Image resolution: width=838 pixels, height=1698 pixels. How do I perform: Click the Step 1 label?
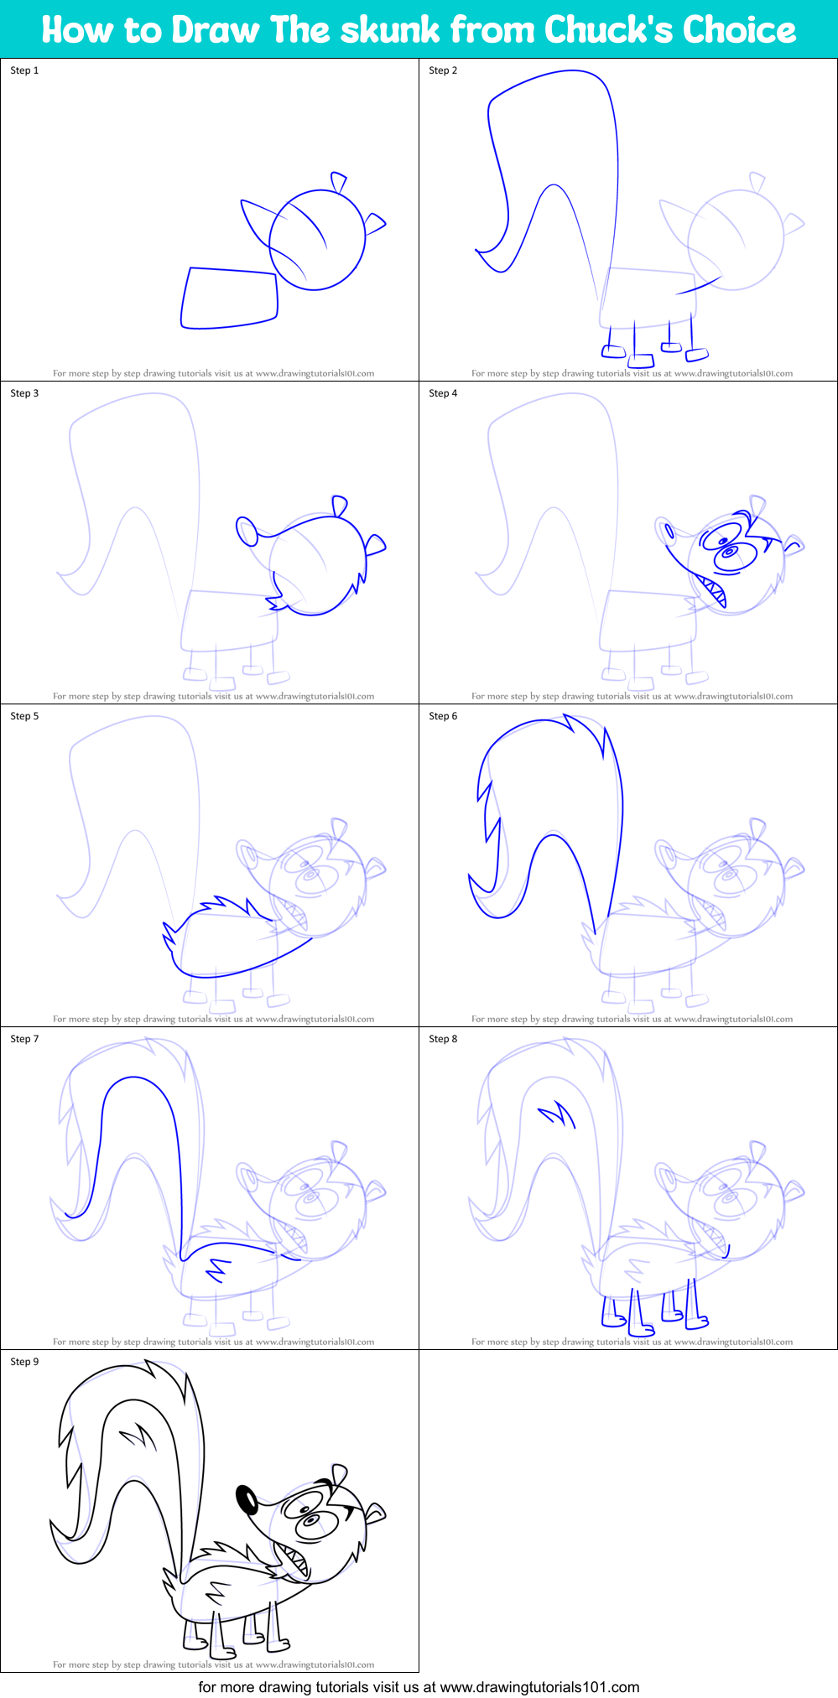point(24,70)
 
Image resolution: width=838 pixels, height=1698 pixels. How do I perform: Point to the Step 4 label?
point(443,393)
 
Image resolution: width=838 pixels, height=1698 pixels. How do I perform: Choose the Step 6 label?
point(443,716)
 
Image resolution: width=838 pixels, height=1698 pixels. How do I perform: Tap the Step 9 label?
point(24,1362)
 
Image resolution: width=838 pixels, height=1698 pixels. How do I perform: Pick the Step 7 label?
point(24,1039)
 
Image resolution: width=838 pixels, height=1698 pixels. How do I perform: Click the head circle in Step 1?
point(318,240)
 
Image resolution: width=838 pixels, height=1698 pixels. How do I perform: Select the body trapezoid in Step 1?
point(229,298)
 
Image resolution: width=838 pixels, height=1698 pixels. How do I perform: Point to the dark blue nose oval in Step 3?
point(247,531)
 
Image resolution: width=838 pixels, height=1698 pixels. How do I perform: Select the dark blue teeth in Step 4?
point(714,590)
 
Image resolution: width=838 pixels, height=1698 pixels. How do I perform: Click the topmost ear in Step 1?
point(339,182)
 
